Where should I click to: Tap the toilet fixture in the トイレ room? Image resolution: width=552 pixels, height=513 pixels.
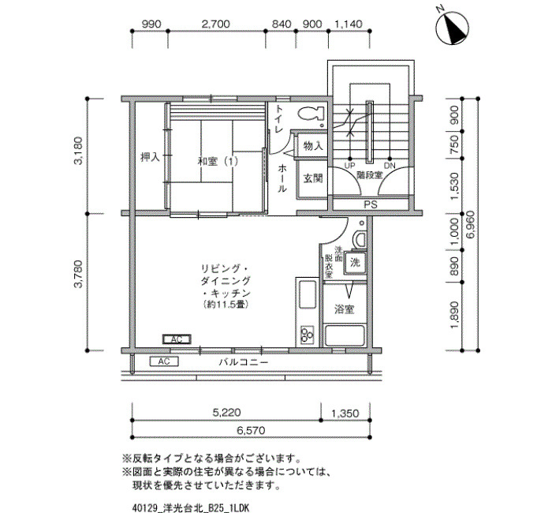[311, 114]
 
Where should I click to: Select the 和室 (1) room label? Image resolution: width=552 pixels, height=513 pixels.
[218, 162]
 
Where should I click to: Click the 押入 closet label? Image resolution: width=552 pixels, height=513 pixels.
[150, 157]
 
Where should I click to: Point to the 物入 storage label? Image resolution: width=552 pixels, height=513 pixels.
[313, 146]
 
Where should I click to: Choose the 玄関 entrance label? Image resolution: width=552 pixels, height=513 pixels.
[313, 178]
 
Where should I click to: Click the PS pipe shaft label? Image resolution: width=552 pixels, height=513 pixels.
[371, 204]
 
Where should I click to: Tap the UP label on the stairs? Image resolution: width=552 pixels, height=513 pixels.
[349, 166]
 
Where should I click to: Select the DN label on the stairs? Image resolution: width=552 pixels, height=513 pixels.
[390, 166]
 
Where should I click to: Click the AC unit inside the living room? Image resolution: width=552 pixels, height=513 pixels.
[177, 339]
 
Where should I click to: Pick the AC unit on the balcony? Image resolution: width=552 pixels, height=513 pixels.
[164, 361]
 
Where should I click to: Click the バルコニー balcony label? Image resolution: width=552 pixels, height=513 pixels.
[244, 362]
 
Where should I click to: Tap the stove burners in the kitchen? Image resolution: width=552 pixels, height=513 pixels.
[307, 335]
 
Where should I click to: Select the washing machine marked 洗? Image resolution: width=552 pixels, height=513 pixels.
[355, 263]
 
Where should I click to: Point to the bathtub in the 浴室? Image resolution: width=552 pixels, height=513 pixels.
[345, 335]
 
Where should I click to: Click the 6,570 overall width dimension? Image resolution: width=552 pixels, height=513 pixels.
[251, 431]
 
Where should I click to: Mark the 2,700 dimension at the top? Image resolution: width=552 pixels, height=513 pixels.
[216, 24]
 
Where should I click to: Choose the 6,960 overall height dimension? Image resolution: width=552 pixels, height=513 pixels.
[472, 224]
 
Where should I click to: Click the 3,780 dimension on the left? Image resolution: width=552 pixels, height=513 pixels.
[79, 274]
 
